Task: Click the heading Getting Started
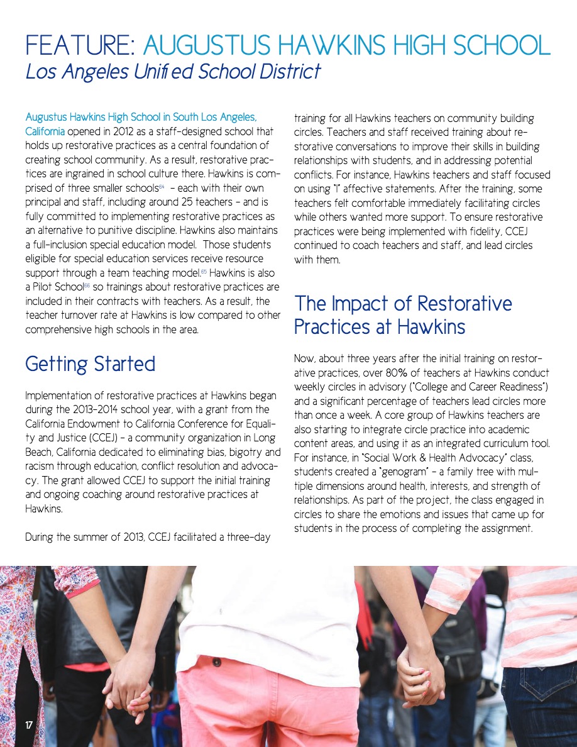click(x=90, y=364)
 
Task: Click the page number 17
click(x=29, y=726)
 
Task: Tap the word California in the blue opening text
click(x=44, y=132)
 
